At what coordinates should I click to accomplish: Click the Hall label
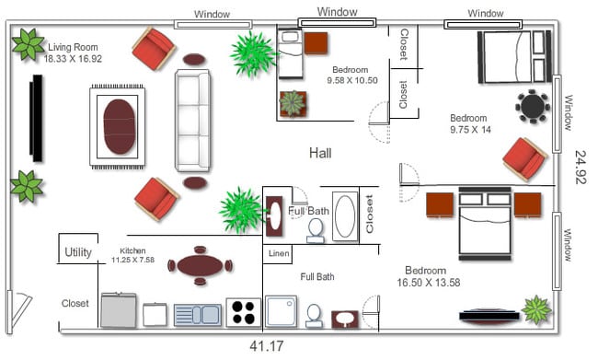320,153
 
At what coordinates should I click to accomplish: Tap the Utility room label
78,252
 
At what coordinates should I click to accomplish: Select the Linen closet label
279,253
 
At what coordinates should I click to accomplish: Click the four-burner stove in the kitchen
243,313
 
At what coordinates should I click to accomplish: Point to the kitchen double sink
198,315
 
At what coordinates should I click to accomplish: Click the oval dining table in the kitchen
200,265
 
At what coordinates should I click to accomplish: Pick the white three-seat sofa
192,121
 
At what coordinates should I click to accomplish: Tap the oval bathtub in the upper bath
345,217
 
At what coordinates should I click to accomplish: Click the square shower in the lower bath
282,311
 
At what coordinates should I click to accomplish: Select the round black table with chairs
533,106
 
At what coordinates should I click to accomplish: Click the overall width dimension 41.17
267,346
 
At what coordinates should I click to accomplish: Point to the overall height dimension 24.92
581,167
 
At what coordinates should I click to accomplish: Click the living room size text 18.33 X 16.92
73,59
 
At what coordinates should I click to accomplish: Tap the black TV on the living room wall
37,119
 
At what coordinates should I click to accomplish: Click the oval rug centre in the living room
119,127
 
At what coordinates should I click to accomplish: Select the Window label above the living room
212,15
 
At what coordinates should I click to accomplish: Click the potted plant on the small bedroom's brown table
293,103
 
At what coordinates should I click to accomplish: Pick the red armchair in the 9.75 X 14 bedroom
525,158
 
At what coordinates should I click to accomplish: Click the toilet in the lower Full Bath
315,316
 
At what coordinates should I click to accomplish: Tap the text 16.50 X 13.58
429,283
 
